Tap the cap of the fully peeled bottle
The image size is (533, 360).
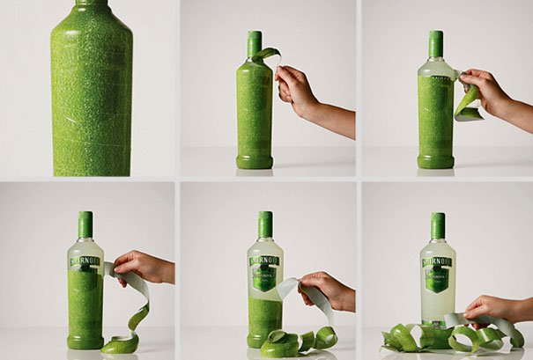pyautogui.click(x=437, y=225)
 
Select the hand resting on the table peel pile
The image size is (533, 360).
pyautogui.click(x=485, y=307)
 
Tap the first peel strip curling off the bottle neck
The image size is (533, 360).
pyautogui.click(x=266, y=54)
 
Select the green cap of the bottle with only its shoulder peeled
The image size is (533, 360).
pyautogui.click(x=435, y=43)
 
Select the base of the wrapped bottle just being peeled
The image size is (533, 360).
pyautogui.click(x=254, y=161)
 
